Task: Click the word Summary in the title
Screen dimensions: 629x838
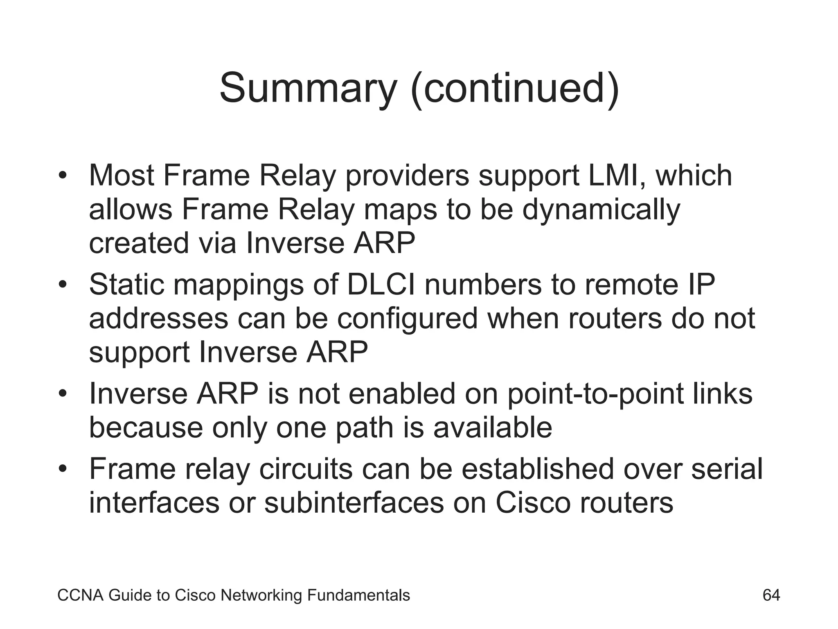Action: pyautogui.click(x=308, y=88)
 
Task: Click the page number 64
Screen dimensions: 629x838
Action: pyautogui.click(x=771, y=595)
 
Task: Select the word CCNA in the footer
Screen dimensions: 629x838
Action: pyautogui.click(x=81, y=595)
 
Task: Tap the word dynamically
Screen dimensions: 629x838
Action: pyautogui.click(x=601, y=210)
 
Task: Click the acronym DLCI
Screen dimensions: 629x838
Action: pyautogui.click(x=381, y=284)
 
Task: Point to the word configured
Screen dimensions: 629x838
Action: pyautogui.click(x=407, y=319)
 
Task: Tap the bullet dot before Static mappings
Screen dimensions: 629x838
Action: pyautogui.click(x=62, y=285)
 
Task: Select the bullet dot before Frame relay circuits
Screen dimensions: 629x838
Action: pyautogui.click(x=62, y=469)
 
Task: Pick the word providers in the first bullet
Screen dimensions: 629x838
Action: pyautogui.click(x=407, y=176)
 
